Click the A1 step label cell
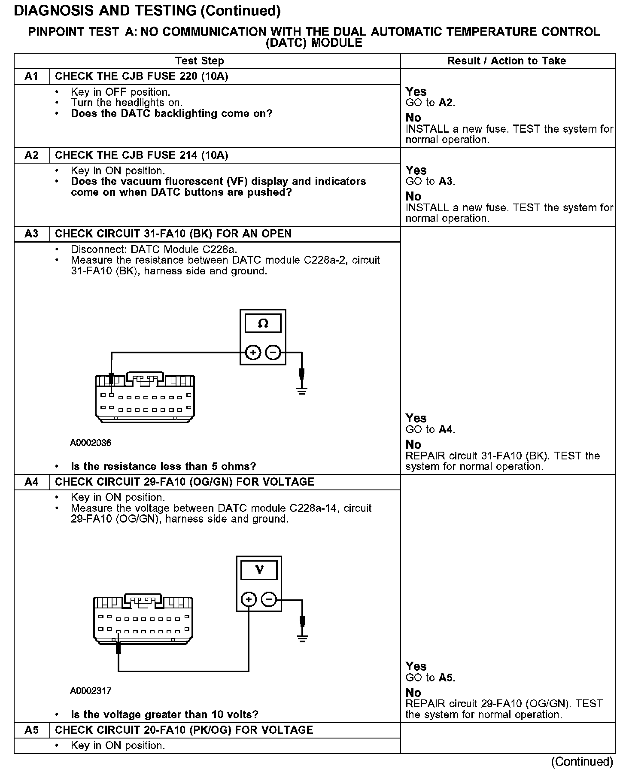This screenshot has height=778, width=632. click(31, 76)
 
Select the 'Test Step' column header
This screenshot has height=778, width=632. click(199, 61)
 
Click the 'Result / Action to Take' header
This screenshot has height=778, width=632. click(507, 61)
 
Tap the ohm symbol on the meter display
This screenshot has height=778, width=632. click(263, 324)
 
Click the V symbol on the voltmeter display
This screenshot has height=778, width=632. click(259, 570)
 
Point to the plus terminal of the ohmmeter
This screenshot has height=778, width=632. click(253, 353)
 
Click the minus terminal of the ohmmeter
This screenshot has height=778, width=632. click(273, 353)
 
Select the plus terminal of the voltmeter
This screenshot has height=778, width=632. click(249, 599)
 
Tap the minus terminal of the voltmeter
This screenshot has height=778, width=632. click(269, 599)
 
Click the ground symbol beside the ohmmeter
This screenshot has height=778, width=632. click(302, 390)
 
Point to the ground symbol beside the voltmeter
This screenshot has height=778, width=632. click(303, 637)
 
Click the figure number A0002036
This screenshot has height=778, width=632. click(91, 443)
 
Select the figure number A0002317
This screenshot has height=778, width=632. click(91, 691)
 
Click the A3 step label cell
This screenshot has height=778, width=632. click(31, 234)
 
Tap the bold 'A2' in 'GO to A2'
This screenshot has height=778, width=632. click(447, 103)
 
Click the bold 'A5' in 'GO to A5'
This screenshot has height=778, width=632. click(447, 678)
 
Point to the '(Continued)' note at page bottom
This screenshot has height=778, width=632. click(582, 762)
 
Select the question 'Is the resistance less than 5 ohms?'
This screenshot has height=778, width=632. click(163, 467)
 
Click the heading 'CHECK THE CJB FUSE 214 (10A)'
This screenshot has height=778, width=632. click(142, 155)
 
